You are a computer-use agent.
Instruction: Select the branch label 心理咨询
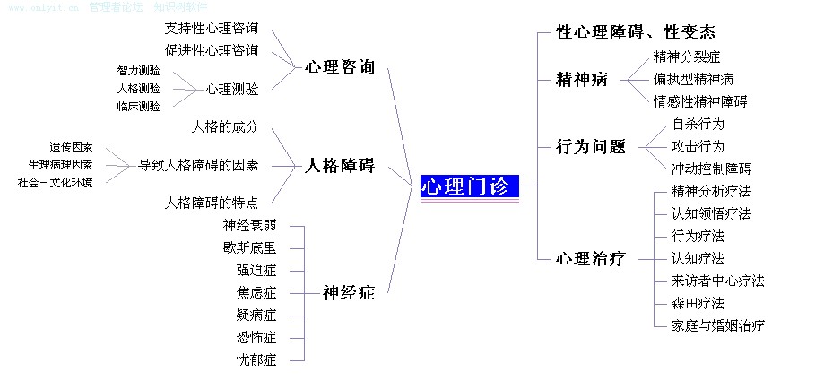pyautogui.click(x=339, y=67)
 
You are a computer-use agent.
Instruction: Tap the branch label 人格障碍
pyautogui.click(x=339, y=166)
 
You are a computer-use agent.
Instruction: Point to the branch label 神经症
pyautogui.click(x=349, y=292)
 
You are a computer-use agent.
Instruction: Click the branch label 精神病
pyautogui.click(x=582, y=79)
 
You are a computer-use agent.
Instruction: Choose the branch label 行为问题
pyautogui.click(x=591, y=147)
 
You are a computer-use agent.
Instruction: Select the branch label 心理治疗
pyautogui.click(x=591, y=259)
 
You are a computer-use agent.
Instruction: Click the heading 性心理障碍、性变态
pyautogui.click(x=636, y=33)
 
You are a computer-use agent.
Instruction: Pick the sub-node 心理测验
pyautogui.click(x=231, y=89)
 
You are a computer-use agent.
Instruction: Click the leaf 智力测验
pyautogui.click(x=138, y=70)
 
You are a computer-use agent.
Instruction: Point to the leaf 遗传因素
pyautogui.click(x=71, y=146)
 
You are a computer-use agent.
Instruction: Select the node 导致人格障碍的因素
pyautogui.click(x=198, y=165)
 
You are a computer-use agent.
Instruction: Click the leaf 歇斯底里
pyautogui.click(x=249, y=247)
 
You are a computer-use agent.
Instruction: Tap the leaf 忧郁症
pyautogui.click(x=256, y=360)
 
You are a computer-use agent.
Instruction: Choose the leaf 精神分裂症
pyautogui.click(x=687, y=56)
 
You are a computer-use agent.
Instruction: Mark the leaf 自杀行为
pyautogui.click(x=698, y=124)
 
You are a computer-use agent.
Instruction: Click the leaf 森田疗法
pyautogui.click(x=698, y=303)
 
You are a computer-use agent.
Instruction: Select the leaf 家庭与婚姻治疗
pyautogui.click(x=717, y=325)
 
